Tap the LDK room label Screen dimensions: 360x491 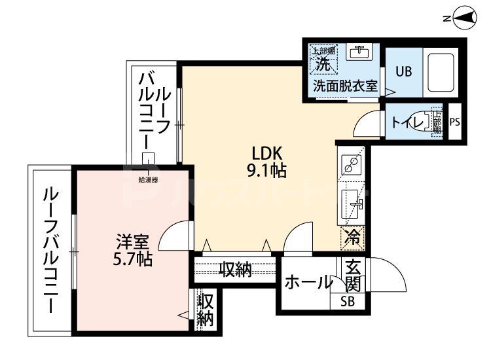pyautogui.click(x=267, y=154)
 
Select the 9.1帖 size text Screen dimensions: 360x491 pyautogui.click(x=267, y=171)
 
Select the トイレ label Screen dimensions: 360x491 pyautogui.click(x=405, y=122)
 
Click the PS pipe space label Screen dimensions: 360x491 pyautogui.click(x=455, y=122)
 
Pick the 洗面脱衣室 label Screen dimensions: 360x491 pyautogui.click(x=345, y=86)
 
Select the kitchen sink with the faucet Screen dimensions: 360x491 pyautogui.click(x=354, y=205)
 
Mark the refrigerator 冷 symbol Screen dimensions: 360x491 pyautogui.click(x=352, y=236)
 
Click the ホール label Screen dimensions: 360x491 pyautogui.click(x=308, y=283)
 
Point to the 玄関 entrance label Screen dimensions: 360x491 pyautogui.click(x=352, y=276)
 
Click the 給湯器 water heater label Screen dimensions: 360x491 pyautogui.click(x=149, y=179)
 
